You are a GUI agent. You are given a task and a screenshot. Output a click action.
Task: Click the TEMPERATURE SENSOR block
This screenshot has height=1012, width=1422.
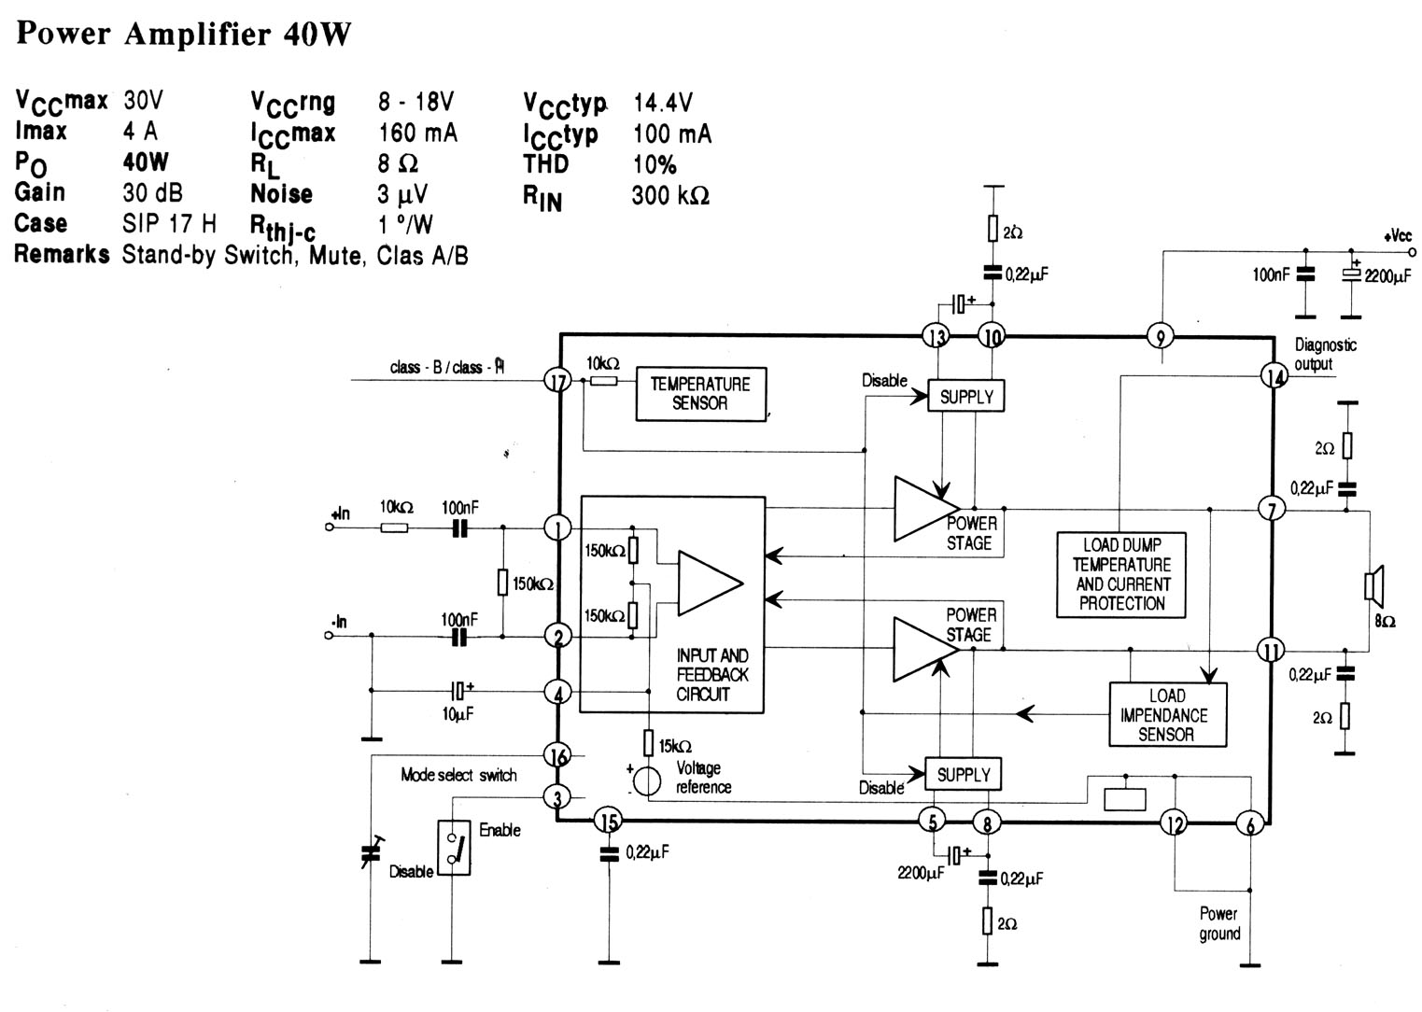click(701, 394)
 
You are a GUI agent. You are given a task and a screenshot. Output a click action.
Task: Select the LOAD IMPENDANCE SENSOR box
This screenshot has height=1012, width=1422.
click(1167, 714)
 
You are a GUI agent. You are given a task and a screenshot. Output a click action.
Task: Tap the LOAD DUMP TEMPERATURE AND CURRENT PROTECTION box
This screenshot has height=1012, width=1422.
click(1121, 574)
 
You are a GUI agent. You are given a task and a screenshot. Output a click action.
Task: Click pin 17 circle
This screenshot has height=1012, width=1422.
click(558, 381)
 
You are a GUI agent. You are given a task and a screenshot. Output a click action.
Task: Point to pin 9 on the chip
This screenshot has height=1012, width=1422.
click(1161, 336)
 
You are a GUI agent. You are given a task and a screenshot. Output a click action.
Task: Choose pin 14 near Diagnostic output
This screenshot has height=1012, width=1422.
click(1274, 376)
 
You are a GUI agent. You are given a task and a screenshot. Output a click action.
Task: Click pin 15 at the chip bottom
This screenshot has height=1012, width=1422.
click(608, 822)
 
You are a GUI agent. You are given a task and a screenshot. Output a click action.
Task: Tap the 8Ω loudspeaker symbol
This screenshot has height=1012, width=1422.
click(1373, 585)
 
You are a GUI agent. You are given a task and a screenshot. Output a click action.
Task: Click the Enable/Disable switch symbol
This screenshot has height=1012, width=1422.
click(454, 848)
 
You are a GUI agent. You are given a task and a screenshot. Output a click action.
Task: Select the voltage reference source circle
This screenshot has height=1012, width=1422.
click(648, 781)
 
